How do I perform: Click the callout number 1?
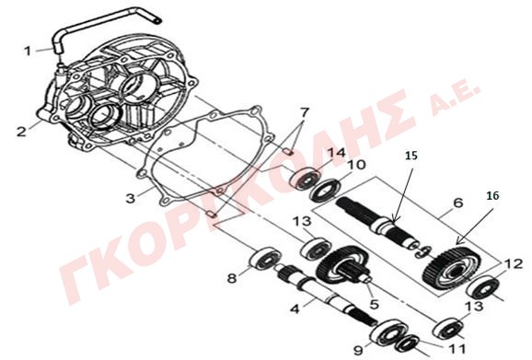click(28, 52)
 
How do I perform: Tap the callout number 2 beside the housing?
click(21, 132)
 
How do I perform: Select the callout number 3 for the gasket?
click(131, 198)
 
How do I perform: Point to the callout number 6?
click(457, 203)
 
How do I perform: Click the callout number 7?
click(305, 112)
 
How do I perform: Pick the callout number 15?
click(411, 156)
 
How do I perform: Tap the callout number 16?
click(493, 196)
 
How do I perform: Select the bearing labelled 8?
click(265, 259)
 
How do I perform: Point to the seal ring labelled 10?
click(326, 191)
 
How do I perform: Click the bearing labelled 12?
click(482, 288)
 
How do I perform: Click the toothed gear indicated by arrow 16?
click(452, 268)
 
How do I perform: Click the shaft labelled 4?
click(326, 294)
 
